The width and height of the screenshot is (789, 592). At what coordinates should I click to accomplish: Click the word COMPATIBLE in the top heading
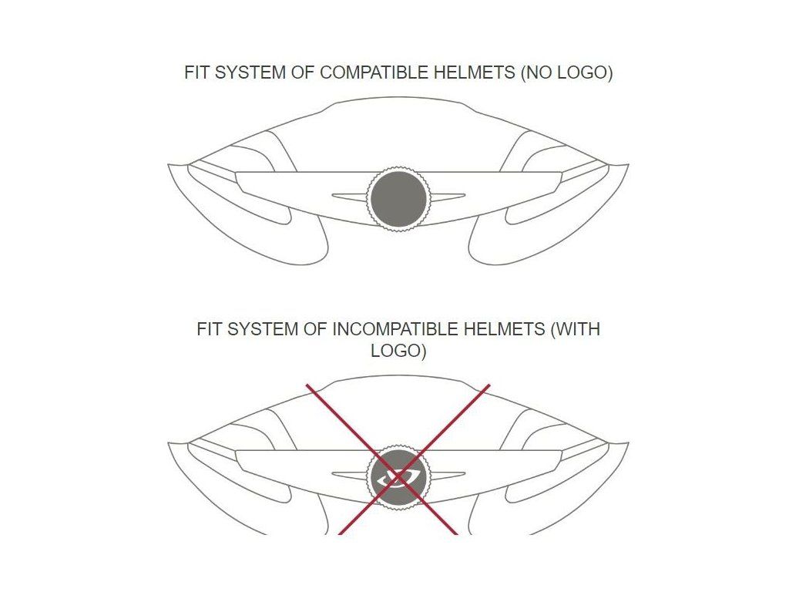point(362,73)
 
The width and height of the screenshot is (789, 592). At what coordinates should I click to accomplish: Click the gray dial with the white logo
point(398,477)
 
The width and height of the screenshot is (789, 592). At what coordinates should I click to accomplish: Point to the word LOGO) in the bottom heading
point(398,351)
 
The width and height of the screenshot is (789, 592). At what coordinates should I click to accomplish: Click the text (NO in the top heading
point(536,73)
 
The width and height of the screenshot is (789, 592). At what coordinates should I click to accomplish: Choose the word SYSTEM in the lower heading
point(254,329)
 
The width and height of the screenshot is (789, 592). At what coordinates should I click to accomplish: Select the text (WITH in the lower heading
point(575,329)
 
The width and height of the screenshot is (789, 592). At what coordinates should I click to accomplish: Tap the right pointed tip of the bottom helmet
point(626,445)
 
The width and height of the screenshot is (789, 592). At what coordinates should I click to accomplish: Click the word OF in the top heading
point(304,73)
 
